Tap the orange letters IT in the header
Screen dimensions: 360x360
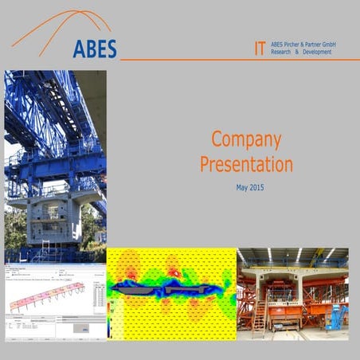tap(260, 48)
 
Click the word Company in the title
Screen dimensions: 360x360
tap(246, 140)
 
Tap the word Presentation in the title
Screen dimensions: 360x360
tap(246, 165)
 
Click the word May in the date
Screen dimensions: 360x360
tap(241, 188)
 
